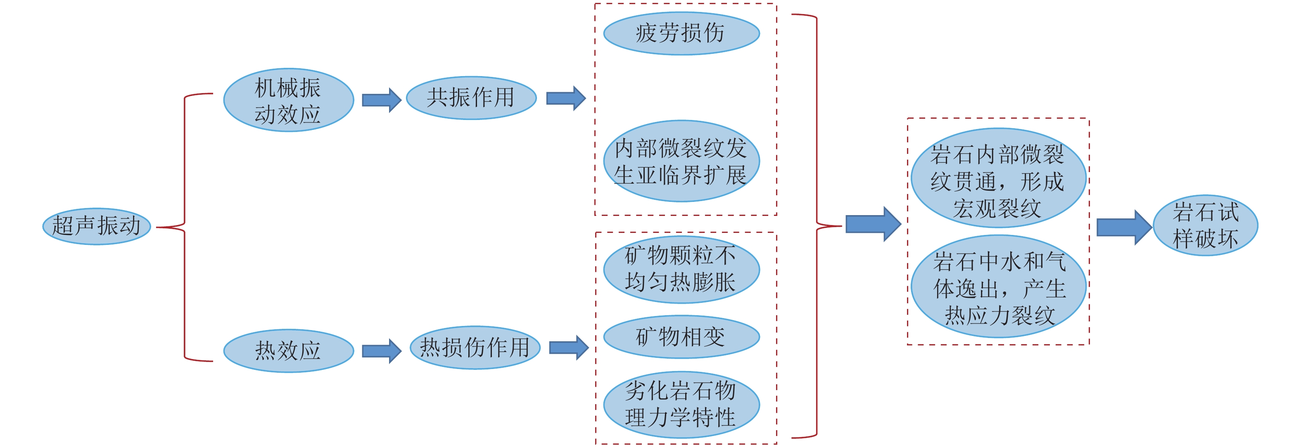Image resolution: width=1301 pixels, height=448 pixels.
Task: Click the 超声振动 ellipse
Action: pyautogui.click(x=97, y=226)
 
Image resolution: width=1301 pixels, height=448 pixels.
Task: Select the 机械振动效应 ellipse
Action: pyautogui.click(x=288, y=101)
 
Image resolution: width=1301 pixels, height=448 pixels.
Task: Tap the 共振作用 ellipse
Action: pyautogui.click(x=471, y=98)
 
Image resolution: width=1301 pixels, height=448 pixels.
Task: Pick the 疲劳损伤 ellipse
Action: pyautogui.click(x=681, y=34)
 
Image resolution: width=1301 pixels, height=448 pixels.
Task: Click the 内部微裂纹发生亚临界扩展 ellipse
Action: pyautogui.click(x=681, y=161)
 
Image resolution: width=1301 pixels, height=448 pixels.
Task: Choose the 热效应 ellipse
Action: pyautogui.click(x=288, y=351)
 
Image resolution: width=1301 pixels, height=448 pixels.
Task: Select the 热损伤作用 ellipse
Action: pyautogui.click(x=475, y=348)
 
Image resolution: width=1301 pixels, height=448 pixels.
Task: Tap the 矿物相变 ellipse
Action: pyautogui.click(x=681, y=337)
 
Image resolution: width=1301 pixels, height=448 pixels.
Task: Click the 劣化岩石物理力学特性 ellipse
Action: pyautogui.click(x=681, y=405)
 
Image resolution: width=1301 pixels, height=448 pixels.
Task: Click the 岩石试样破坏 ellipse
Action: pyautogui.click(x=1205, y=225)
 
